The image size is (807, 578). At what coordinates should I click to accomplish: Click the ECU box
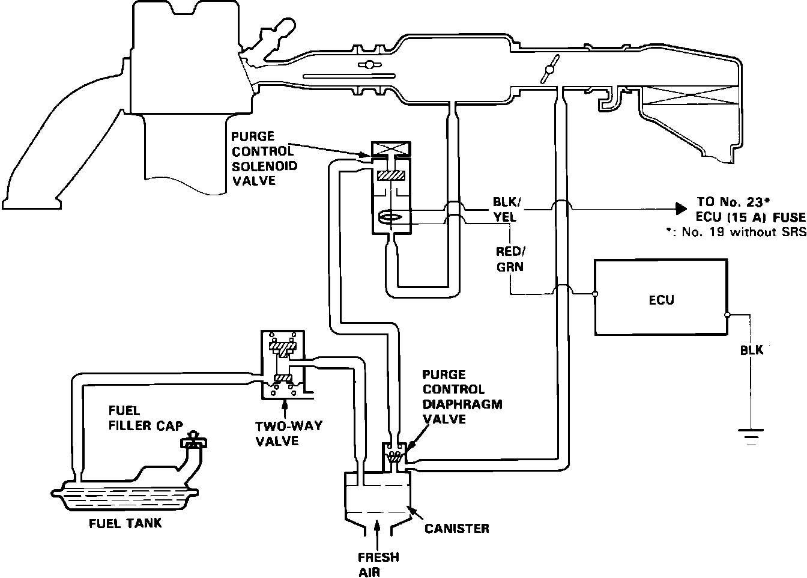[x=660, y=297]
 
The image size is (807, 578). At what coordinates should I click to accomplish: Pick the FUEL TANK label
[x=125, y=523]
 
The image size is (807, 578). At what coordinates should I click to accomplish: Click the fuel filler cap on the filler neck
[x=193, y=441]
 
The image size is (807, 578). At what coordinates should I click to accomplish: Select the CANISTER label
[x=456, y=529]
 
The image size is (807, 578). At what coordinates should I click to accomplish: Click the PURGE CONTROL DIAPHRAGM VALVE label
[x=462, y=397]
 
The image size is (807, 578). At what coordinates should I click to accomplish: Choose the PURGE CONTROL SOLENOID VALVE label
[x=264, y=158]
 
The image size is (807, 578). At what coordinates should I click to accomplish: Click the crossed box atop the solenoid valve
[x=391, y=148]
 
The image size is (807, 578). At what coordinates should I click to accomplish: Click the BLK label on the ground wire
[x=751, y=350]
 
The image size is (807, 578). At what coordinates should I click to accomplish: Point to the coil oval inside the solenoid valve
[x=391, y=218]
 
